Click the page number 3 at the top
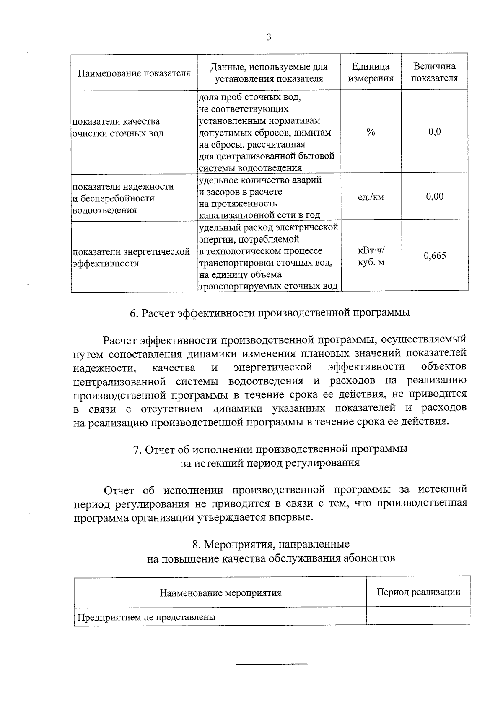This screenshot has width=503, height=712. point(269,37)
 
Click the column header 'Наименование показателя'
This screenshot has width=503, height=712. point(134,73)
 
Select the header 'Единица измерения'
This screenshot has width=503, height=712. point(371,72)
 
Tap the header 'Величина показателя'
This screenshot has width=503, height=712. point(434,72)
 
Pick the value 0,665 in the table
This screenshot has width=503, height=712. point(435,256)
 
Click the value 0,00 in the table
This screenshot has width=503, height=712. point(435,196)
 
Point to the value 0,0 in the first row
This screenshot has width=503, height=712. point(435,132)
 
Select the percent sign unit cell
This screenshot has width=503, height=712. point(371,132)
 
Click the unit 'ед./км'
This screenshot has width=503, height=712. point(371,197)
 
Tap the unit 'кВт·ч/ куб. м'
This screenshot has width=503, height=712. point(371,256)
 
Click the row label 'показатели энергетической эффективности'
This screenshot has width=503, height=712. point(131,258)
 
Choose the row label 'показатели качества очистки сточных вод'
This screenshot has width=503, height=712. point(118,128)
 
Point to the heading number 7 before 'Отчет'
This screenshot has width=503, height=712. point(137,449)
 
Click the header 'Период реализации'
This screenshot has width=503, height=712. point(418,592)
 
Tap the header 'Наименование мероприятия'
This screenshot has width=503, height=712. point(220,593)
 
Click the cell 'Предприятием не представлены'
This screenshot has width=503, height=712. point(146,617)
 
